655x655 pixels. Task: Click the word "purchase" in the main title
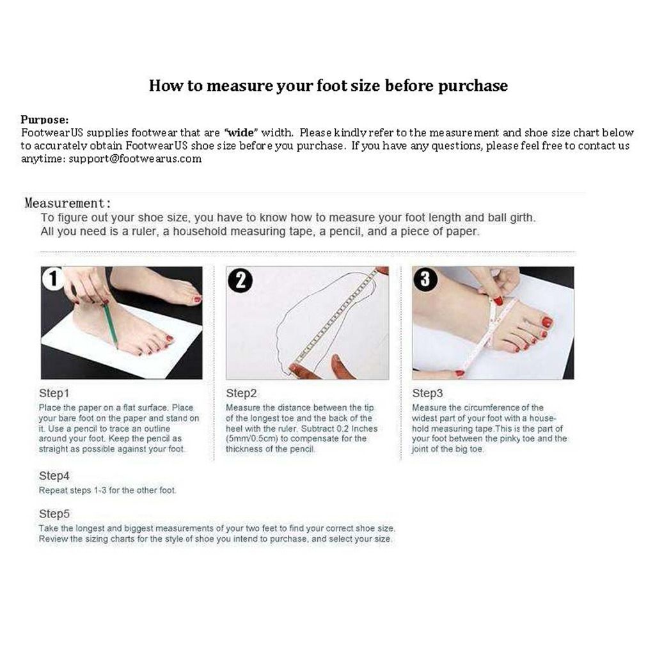click(473, 86)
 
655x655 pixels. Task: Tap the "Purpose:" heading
click(45, 120)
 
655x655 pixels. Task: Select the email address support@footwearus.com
click(136, 159)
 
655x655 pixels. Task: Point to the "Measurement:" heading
click(68, 203)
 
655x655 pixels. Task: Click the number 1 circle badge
click(53, 279)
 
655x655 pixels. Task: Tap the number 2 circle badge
click(241, 280)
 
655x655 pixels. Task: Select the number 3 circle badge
click(425, 279)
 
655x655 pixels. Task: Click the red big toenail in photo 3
click(547, 322)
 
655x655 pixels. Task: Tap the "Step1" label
click(54, 393)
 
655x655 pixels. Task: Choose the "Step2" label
click(241, 393)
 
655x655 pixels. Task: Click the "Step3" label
click(427, 393)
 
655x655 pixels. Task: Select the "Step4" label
click(54, 476)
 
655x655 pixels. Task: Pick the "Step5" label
click(54, 514)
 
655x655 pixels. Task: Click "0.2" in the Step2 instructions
click(343, 429)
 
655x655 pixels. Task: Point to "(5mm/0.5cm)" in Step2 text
click(252, 439)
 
